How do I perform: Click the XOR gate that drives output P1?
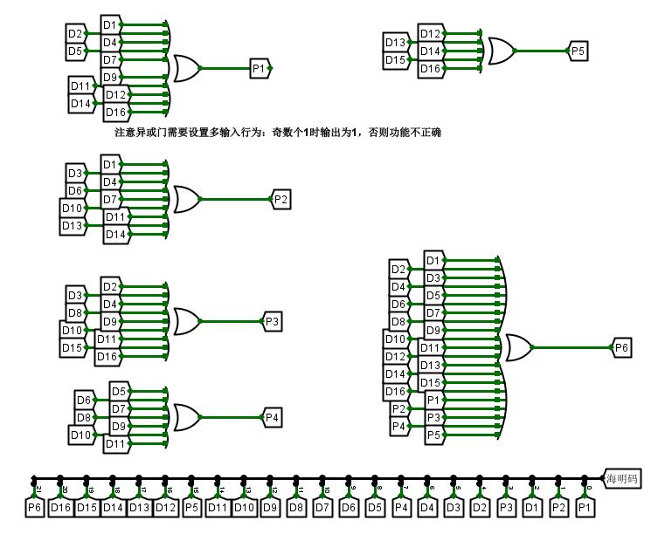tap(187, 68)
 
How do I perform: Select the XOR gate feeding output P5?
tap(500, 51)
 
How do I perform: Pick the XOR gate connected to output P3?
tap(187, 321)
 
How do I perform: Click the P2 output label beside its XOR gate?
tap(281, 200)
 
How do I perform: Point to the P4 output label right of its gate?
tap(272, 418)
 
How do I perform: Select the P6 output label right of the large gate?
tap(621, 347)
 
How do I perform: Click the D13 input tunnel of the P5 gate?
tap(395, 42)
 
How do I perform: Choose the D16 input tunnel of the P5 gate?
tap(430, 68)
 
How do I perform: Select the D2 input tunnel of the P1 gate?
tap(76, 34)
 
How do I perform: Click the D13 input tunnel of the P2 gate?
tap(72, 226)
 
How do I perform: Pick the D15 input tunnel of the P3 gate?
tap(72, 348)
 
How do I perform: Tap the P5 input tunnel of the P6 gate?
tap(434, 435)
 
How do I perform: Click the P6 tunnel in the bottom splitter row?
tap(34, 507)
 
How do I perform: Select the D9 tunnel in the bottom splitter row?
tap(270, 507)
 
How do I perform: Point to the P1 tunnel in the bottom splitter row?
tap(585, 507)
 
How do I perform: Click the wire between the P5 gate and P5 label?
tap(542, 51)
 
